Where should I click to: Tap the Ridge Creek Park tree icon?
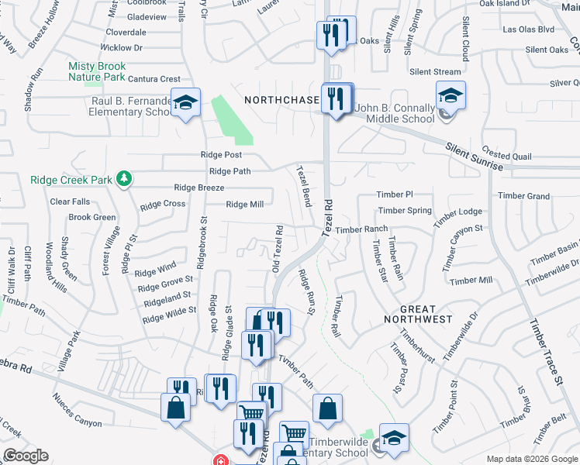(123, 180)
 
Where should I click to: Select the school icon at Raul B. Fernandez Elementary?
(185, 104)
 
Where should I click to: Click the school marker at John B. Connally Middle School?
(451, 96)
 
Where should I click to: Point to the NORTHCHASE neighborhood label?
(281, 100)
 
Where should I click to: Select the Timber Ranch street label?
(361, 229)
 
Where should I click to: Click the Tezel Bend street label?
(302, 185)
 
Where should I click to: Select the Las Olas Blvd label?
(528, 29)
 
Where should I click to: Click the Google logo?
(26, 456)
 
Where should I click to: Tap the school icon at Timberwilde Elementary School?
(394, 439)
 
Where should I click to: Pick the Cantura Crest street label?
(154, 79)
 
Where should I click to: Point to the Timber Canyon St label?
(463, 243)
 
